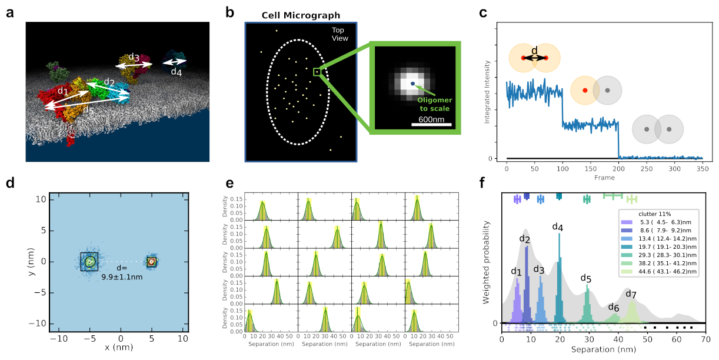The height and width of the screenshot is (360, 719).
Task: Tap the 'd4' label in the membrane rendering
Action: pos(176,72)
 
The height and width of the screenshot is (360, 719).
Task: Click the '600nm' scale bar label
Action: pos(431,119)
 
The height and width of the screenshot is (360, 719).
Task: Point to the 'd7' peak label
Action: pos(631,294)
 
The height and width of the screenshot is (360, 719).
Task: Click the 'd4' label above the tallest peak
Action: pos(558,226)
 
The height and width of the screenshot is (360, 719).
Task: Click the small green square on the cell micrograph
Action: pos(317,72)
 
